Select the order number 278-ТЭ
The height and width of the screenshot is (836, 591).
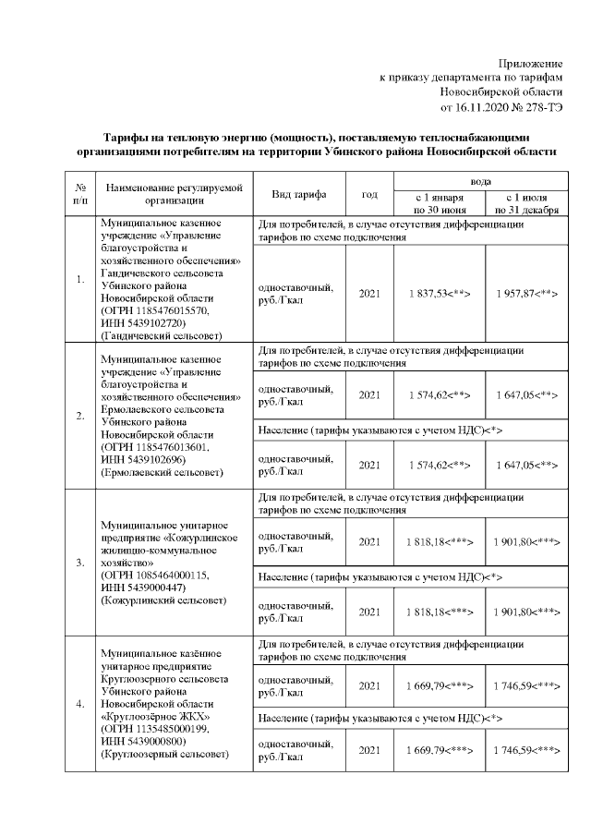(538, 108)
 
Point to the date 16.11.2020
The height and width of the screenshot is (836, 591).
(482, 108)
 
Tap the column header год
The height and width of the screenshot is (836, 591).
(369, 195)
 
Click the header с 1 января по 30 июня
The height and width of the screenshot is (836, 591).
(439, 203)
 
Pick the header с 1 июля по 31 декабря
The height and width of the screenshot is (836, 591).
(526, 203)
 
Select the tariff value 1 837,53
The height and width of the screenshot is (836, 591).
(427, 292)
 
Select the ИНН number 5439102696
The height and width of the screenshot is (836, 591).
(153, 459)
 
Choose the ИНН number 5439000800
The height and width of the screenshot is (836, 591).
(153, 742)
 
